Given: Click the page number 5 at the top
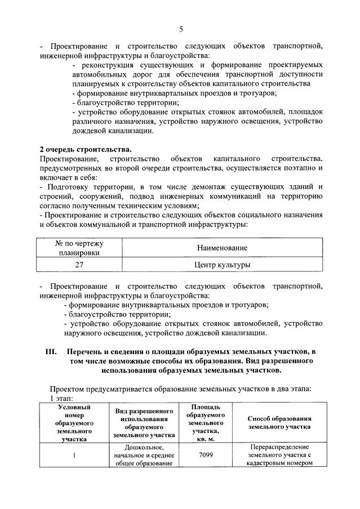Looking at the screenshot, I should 180,29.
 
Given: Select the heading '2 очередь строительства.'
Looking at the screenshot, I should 85,149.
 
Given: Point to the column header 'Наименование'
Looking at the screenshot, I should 222,248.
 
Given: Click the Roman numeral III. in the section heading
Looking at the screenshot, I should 51,351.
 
